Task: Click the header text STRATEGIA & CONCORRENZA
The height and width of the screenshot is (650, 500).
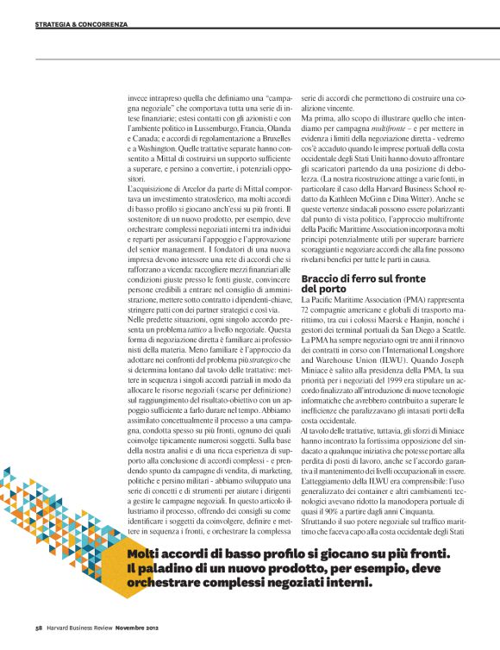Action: pos(81,24)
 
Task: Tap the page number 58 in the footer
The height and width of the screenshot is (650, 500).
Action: pos(40,626)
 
